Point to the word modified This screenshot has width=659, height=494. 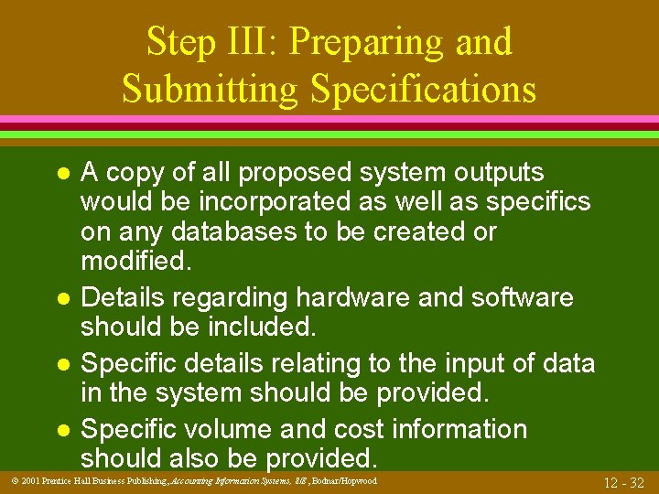coord(136,262)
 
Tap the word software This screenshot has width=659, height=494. coord(524,298)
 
